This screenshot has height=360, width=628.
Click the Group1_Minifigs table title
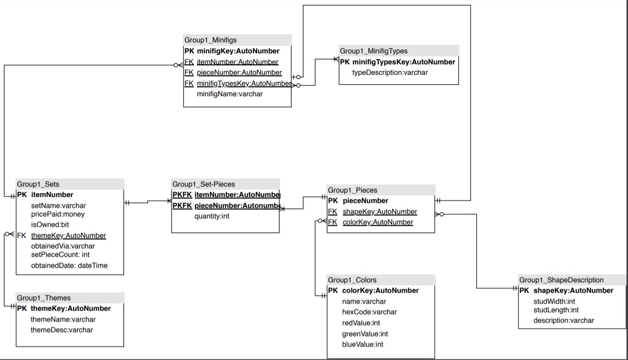click(210, 40)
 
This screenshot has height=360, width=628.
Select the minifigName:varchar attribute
click(229, 94)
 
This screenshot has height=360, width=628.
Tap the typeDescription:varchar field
click(390, 72)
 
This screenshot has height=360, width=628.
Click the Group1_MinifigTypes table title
click(373, 51)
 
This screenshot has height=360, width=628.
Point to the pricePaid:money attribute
click(58, 214)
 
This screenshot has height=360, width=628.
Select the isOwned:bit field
click(50, 225)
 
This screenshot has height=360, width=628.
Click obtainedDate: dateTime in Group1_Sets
click(69, 265)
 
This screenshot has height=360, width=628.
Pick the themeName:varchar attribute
click(63, 319)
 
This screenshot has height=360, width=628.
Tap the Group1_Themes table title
click(44, 298)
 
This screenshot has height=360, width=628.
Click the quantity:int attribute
click(211, 216)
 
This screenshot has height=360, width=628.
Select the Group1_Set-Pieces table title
click(203, 184)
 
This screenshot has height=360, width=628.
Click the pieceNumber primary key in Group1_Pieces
click(365, 200)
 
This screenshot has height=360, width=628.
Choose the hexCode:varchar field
click(369, 312)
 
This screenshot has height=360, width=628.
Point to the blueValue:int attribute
click(362, 344)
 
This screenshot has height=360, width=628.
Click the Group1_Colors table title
click(352, 280)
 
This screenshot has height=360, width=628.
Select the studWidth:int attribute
click(554, 301)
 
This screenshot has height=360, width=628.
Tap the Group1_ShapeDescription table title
click(561, 280)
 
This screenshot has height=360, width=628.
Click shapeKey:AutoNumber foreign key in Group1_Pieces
click(379, 211)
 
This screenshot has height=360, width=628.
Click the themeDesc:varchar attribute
click(61, 330)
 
